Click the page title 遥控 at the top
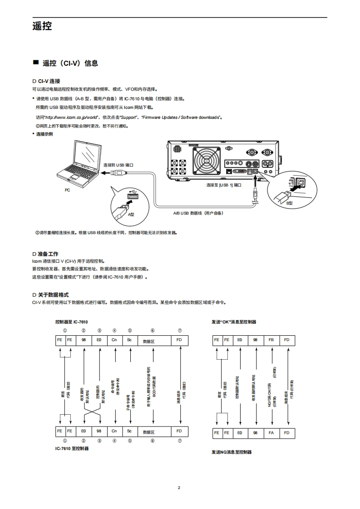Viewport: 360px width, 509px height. coord(42,26)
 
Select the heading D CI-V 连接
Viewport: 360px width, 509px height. coord(46,81)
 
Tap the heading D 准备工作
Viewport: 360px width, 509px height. coord(45,254)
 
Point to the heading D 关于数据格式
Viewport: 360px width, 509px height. coord(50,294)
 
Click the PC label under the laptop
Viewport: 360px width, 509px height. coord(67,191)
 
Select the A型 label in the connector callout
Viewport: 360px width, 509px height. coord(131,213)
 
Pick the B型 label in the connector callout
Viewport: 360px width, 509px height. coord(289,203)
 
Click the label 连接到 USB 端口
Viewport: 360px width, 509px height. coord(118,165)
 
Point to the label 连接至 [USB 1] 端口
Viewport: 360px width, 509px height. coord(223,185)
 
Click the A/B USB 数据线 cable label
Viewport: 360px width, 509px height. coord(198,212)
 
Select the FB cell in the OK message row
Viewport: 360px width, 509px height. coord(271,340)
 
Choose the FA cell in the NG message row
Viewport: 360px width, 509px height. coord(271,433)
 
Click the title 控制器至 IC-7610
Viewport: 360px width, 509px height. coord(71,322)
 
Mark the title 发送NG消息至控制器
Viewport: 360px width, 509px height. coord(232,452)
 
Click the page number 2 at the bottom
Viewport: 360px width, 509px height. coord(179,488)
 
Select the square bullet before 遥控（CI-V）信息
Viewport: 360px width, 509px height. coord(35,63)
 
